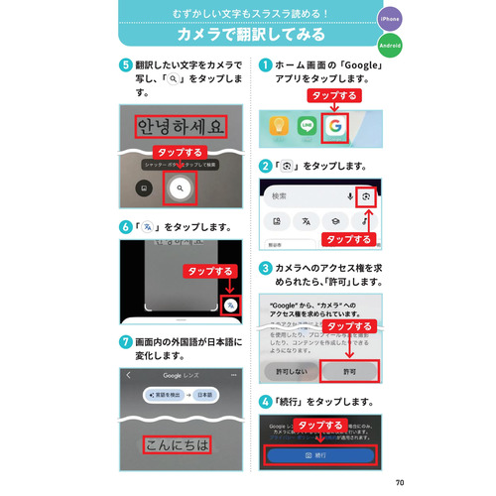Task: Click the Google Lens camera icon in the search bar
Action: coord(366,196)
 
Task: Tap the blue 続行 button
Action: coord(320,454)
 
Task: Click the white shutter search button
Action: coord(180,186)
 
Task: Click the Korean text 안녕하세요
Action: coord(182,127)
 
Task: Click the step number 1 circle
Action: coord(265,64)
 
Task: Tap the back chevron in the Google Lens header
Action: coord(128,376)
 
